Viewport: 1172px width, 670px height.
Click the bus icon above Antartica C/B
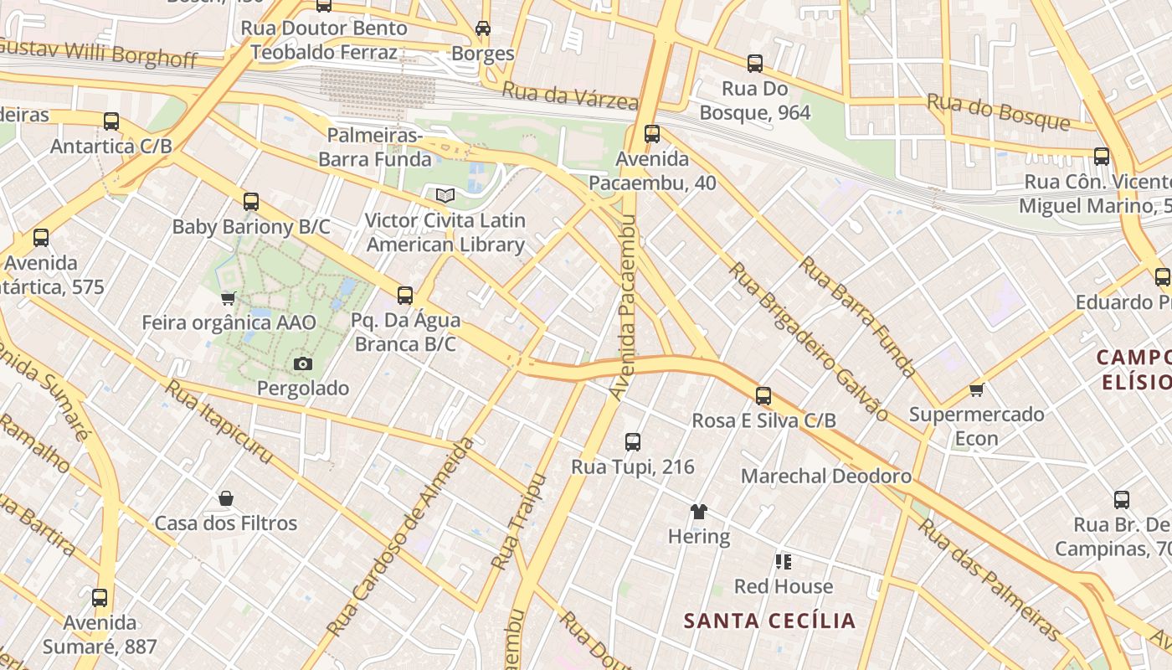tap(111, 121)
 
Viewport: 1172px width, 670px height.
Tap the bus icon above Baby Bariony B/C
tap(251, 201)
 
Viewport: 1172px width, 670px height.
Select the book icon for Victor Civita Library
tap(445, 195)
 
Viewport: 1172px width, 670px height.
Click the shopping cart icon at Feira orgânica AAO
tap(228, 297)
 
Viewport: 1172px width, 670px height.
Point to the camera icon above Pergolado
tap(302, 363)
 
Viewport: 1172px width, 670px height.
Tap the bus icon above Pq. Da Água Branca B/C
tap(405, 295)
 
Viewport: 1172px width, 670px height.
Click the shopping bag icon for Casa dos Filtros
tap(225, 498)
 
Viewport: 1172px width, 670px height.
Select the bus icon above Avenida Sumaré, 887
tap(100, 598)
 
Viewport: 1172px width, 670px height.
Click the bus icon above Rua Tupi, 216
tap(633, 441)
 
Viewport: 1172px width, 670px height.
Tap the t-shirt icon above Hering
tap(699, 511)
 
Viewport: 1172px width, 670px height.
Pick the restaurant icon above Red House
tap(784, 561)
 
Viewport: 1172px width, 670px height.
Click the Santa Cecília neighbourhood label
tap(769, 621)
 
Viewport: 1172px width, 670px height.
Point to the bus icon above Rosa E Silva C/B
tap(763, 396)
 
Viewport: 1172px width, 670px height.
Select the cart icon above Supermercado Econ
tap(976, 389)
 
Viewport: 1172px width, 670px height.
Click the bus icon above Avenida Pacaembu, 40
tap(652, 133)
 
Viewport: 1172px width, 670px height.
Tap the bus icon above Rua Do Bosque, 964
tap(755, 63)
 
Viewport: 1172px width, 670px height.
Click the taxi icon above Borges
tap(483, 28)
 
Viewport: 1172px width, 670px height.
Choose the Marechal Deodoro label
tap(826, 477)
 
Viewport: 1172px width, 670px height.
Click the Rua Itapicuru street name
tap(218, 421)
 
